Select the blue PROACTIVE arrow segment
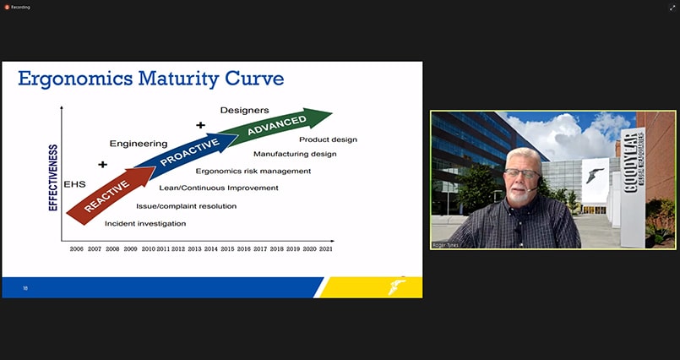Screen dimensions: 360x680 click(188, 151)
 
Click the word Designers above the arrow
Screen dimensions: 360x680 click(244, 110)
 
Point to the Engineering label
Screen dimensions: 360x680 click(139, 144)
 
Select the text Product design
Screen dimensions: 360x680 click(329, 139)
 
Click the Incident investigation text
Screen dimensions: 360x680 click(145, 223)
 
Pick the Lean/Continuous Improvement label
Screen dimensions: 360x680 click(219, 188)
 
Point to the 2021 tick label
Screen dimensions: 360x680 click(326, 249)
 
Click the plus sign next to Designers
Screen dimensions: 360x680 click(200, 125)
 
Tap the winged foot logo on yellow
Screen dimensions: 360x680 click(396, 286)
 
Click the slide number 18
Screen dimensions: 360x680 click(25, 288)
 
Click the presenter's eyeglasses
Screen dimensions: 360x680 click(522, 175)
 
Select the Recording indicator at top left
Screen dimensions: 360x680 click(19, 7)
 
